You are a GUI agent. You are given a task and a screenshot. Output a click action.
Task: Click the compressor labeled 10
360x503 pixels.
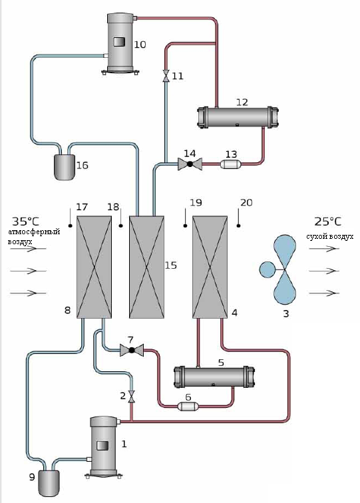pos(120,43)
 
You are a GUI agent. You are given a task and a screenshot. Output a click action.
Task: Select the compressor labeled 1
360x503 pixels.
pos(103,446)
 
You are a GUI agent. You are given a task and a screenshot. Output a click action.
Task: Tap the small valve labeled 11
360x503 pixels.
pos(166,76)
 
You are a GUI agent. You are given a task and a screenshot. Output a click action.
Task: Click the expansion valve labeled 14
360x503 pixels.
pos(190,164)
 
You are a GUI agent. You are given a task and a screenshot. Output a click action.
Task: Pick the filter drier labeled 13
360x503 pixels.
pos(231,164)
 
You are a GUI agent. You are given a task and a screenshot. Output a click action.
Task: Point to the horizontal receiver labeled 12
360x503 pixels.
pos(238,117)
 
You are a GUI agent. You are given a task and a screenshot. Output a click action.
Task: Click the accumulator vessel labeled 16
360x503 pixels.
pos(65,167)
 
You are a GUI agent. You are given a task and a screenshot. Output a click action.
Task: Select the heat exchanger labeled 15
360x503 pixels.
pos(146,267)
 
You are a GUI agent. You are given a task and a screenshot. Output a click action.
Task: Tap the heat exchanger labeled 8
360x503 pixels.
pos(94,267)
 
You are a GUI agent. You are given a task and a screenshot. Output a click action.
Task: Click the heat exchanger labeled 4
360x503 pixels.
pos(210,267)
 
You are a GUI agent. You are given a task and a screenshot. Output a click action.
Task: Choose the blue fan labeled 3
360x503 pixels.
pos(279,269)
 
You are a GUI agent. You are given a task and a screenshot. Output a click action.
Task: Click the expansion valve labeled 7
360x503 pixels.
pos(132,350)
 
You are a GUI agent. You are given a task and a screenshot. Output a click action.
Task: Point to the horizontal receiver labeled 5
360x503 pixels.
pos(214,377)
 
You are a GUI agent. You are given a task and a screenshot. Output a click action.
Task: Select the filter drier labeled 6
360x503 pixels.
pos(188,407)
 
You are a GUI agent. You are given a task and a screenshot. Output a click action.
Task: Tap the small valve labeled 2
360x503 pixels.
pos(131,397)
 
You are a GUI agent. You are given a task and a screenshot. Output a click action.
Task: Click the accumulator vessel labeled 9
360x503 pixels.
pos(49,484)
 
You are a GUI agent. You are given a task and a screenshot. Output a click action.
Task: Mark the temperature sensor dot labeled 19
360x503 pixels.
pos(185,226)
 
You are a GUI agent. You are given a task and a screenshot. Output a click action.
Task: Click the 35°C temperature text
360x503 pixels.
pos(26,222)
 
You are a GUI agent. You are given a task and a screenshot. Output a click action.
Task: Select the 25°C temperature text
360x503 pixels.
pos(327,222)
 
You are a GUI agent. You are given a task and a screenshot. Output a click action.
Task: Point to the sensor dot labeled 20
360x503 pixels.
pos(238,226)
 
